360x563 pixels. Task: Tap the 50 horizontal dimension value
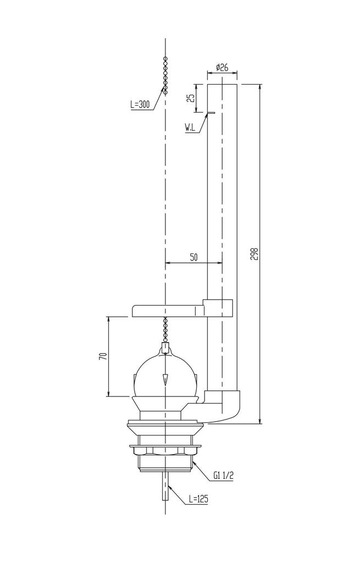pyautogui.click(x=194, y=257)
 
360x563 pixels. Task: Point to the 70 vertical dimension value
pyautogui.click(x=102, y=356)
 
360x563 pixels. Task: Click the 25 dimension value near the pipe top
pyautogui.click(x=191, y=98)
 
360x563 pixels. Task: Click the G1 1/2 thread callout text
pyautogui.click(x=223, y=474)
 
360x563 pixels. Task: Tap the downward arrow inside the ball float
pyautogui.click(x=165, y=380)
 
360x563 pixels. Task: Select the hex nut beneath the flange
pyautogui.click(x=165, y=450)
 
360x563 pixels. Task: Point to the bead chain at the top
pyautogui.click(x=165, y=74)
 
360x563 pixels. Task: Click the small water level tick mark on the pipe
pyautogui.click(x=209, y=114)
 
